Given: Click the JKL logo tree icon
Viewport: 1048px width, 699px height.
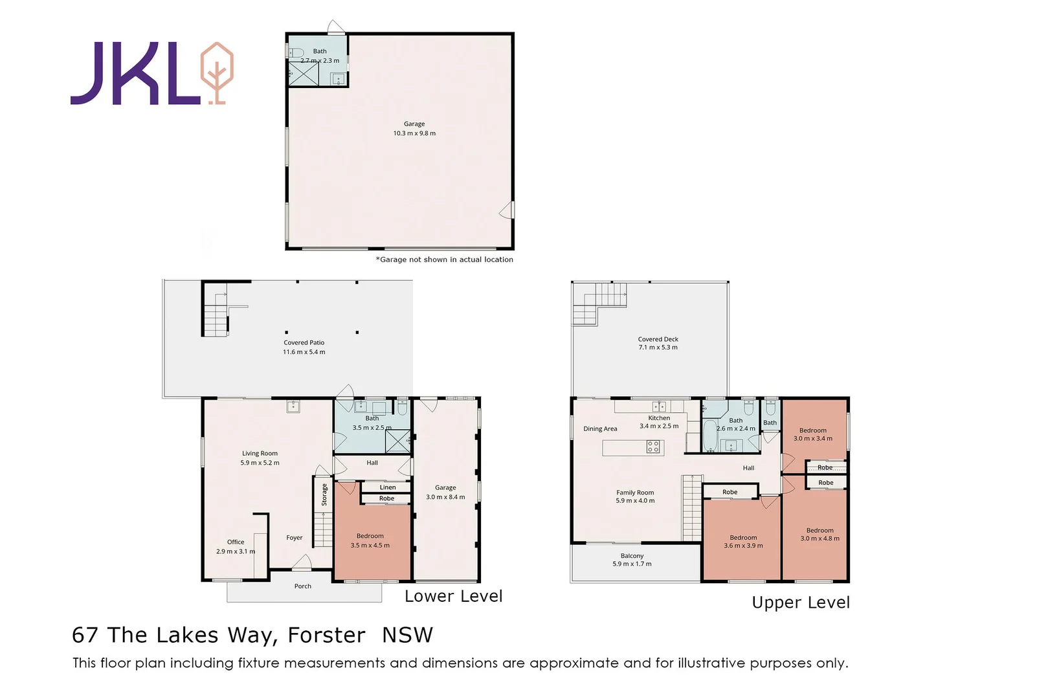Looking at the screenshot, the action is [217, 73].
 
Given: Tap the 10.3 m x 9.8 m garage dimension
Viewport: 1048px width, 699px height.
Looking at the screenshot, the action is [414, 133].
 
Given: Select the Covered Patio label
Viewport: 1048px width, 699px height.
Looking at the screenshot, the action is [304, 342].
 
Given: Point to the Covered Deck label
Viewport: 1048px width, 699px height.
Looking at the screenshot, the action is [658, 339].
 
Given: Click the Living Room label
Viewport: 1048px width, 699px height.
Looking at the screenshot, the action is [260, 453].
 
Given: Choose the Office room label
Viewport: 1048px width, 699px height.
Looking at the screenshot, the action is [236, 542].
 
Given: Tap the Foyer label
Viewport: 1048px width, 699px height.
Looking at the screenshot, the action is [295, 538].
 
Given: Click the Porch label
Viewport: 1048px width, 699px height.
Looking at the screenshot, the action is [303, 586].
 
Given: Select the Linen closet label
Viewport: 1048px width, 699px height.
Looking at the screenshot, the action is [388, 487].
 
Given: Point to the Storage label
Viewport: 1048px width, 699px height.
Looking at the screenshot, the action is [324, 494].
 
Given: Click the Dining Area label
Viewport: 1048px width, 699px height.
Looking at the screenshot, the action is [600, 428].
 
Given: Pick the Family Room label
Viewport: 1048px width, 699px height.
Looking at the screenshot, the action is [635, 492].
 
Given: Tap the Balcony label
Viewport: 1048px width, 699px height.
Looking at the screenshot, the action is [632, 556].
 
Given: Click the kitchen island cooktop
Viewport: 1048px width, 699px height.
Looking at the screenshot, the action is [654, 447].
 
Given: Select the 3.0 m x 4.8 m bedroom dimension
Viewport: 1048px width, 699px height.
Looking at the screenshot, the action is [819, 538].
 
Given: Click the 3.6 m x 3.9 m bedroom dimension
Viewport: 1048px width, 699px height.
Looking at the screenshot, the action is [743, 546].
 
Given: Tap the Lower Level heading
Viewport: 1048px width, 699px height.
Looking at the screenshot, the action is [453, 597].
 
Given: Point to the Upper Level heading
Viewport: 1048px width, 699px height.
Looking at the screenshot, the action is [801, 603].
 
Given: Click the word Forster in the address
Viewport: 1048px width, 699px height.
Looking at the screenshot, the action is [326, 636].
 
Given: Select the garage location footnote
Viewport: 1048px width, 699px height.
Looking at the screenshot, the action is [445, 260].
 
